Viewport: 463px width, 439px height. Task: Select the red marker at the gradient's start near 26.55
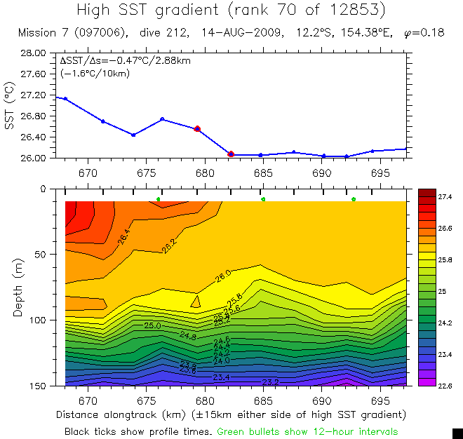point(198,129)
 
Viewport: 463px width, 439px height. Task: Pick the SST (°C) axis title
point(10,105)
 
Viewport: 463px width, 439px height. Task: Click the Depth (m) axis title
point(18,287)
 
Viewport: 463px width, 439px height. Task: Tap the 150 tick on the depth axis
point(36,386)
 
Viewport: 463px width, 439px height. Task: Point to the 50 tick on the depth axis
point(39,255)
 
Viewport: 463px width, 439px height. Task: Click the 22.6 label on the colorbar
point(445,385)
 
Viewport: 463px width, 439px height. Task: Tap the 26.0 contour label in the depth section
point(223,276)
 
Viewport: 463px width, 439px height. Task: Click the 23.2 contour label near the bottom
point(271,382)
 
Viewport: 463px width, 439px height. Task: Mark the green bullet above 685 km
point(263,199)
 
